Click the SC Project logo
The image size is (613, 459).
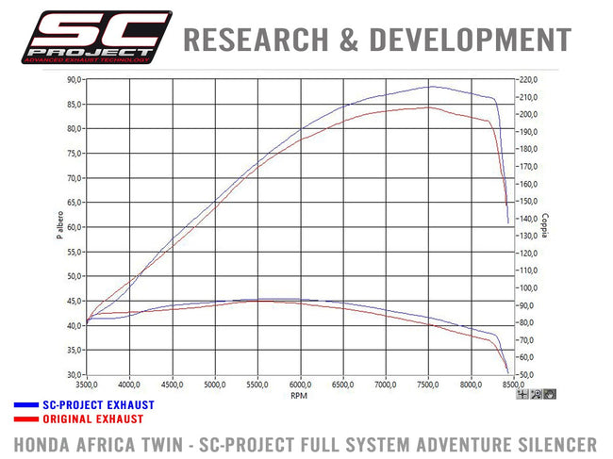pos(91,38)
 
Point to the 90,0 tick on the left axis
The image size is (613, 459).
pos(72,80)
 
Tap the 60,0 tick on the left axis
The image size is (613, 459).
pos(72,227)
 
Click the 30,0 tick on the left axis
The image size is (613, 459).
pos(72,375)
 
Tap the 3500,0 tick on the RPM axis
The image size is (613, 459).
pos(88,385)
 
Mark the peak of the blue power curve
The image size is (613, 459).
pos(432,87)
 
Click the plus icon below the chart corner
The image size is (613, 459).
pos(522,394)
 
